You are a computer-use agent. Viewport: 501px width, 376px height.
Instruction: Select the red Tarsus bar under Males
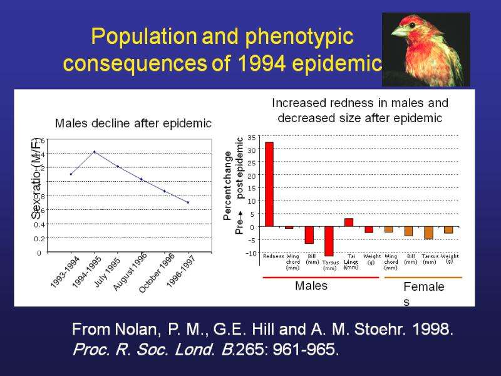coord(329,241)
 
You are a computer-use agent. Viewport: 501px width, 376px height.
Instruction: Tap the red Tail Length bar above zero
coord(349,222)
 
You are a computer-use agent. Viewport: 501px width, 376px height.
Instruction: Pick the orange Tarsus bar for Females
coord(429,232)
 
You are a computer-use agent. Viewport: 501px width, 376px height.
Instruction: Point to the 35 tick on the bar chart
coord(251,137)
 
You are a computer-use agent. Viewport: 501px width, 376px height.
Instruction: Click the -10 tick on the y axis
coord(250,253)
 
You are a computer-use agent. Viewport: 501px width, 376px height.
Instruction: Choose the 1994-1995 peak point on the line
coord(95,152)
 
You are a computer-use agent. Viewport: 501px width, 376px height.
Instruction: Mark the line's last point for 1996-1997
coord(188,202)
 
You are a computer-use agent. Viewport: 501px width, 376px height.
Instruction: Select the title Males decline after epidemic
coord(133,123)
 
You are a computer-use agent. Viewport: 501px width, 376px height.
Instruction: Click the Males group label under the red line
coord(311,286)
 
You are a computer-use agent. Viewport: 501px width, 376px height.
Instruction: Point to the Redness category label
coord(274,256)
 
